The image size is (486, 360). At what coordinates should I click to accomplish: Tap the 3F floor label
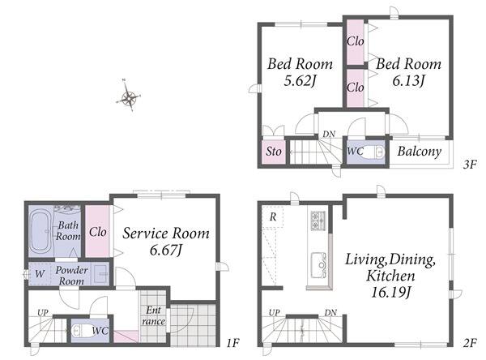click(x=469, y=164)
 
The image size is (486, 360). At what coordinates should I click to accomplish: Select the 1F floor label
click(x=232, y=343)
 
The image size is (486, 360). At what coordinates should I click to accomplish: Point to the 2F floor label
click(x=470, y=343)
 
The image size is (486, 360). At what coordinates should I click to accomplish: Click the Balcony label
click(x=420, y=152)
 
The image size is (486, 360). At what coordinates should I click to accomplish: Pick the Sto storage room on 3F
click(x=274, y=152)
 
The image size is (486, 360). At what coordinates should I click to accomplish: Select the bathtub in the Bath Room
click(x=41, y=229)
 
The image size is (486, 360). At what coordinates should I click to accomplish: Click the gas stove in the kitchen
click(x=318, y=220)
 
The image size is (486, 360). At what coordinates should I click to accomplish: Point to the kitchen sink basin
click(x=318, y=265)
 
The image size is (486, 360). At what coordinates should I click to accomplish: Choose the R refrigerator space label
click(x=273, y=216)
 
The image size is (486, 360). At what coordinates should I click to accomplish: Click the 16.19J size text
click(x=391, y=292)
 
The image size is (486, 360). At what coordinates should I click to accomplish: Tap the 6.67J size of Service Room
click(x=165, y=250)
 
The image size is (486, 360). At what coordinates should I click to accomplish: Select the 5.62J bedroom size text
click(x=300, y=81)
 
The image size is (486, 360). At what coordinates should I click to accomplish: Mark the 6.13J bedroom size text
click(x=408, y=81)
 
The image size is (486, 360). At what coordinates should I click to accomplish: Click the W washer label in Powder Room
click(x=40, y=274)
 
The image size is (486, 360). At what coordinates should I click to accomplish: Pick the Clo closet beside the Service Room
click(x=98, y=232)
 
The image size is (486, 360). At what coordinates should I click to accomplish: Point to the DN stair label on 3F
click(x=329, y=134)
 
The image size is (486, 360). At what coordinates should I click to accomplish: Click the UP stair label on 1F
click(x=43, y=312)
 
